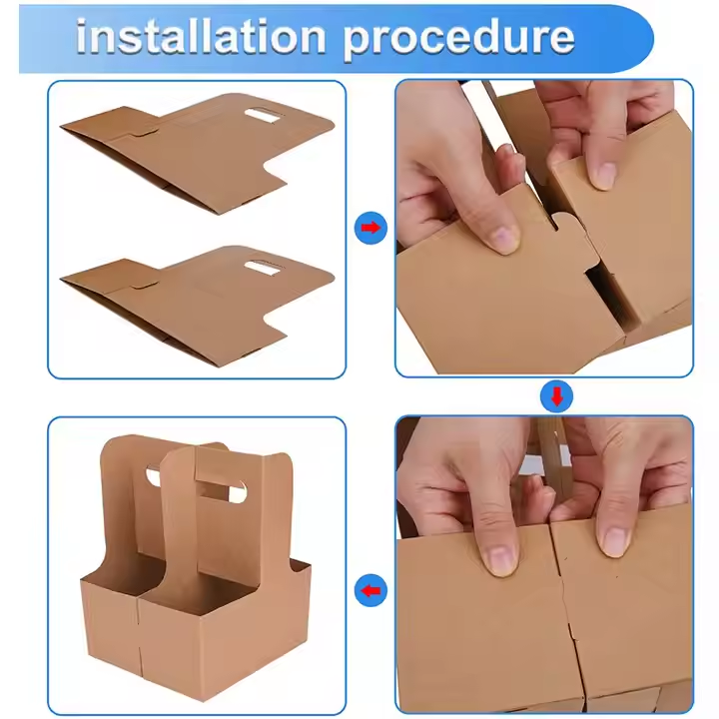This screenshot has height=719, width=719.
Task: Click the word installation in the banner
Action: pyautogui.click(x=201, y=37)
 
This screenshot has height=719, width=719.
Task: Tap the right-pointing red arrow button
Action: pyautogui.click(x=370, y=228)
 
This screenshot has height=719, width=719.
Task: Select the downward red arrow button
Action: pyautogui.click(x=557, y=396)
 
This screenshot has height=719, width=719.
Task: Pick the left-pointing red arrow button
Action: pyautogui.click(x=370, y=590)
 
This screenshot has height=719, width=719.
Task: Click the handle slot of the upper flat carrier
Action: pyautogui.click(x=262, y=116)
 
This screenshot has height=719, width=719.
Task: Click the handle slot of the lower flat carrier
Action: pyautogui.click(x=262, y=268)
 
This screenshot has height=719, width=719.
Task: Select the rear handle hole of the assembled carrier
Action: pyautogui.click(x=154, y=476)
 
